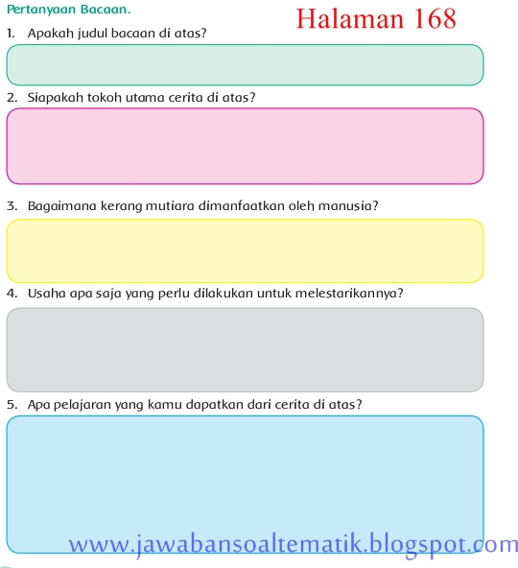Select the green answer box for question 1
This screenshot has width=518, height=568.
coord(245,64)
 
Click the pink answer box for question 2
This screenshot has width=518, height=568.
coord(245,146)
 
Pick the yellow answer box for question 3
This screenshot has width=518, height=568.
coord(245,250)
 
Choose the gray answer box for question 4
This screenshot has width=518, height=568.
coord(245,349)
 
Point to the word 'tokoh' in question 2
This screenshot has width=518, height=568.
coord(111,98)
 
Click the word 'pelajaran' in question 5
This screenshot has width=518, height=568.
coord(80,405)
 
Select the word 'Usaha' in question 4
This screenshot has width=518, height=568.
coord(46,294)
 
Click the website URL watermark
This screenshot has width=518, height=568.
coord(293,545)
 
